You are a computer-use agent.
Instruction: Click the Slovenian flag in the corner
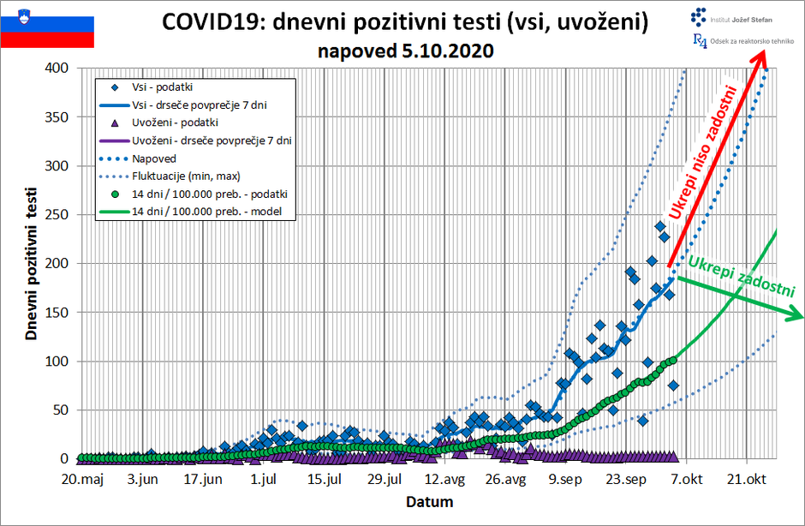(48, 26)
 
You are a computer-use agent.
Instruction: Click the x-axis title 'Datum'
(430, 501)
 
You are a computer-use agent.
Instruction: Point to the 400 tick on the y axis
(55, 68)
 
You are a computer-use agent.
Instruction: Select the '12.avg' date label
(444, 478)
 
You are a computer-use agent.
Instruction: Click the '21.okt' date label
(746, 478)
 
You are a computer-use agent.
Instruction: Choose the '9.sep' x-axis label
(565, 478)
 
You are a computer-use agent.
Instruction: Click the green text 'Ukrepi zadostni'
(742, 275)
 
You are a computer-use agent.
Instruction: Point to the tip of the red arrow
(765, 50)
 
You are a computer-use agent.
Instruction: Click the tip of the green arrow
(802, 317)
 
